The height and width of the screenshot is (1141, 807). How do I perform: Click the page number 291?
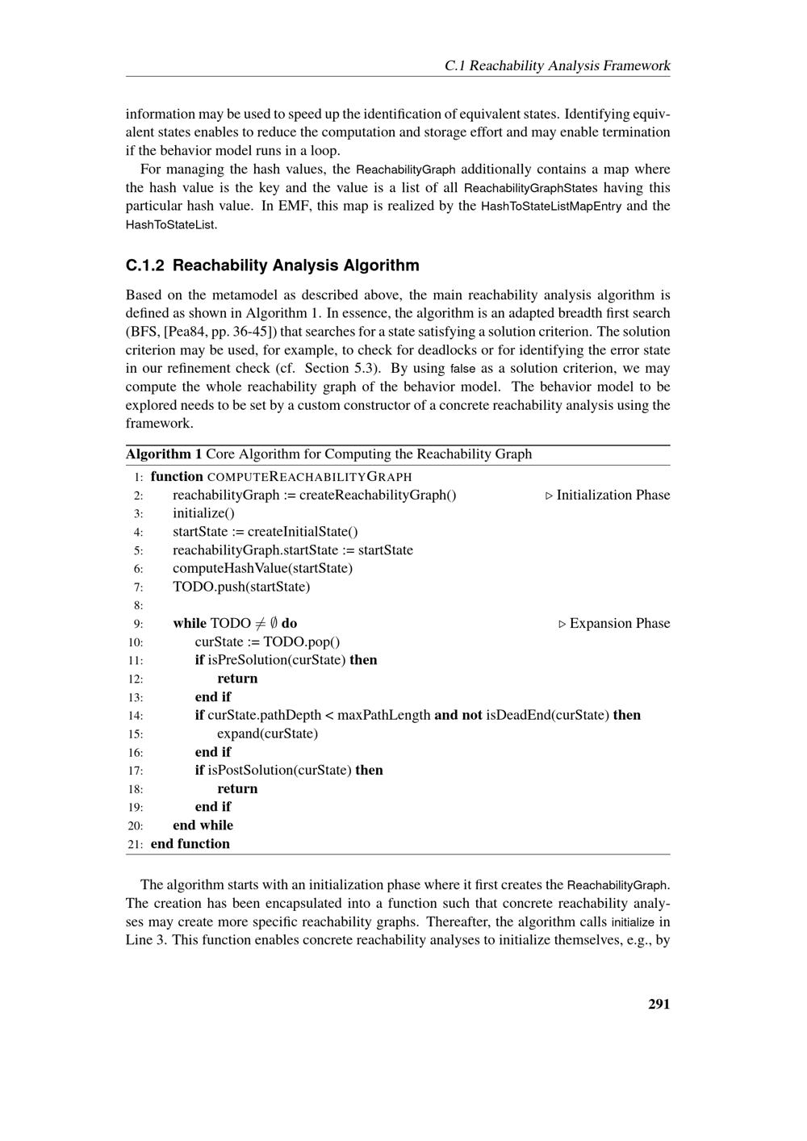659,1004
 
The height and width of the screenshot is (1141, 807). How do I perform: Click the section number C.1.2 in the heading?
145,265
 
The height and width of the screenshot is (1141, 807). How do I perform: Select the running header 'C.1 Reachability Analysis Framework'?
557,65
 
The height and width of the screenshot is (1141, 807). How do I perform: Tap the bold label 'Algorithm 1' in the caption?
164,453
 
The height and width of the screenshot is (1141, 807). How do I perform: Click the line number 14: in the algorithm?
135,716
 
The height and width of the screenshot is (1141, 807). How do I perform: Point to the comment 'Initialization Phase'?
613,495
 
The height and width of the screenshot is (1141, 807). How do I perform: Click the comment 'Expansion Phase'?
619,623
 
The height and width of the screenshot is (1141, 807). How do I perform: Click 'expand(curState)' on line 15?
267,733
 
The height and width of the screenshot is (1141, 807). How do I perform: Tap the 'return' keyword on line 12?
237,678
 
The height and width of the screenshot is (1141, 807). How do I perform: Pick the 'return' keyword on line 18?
237,788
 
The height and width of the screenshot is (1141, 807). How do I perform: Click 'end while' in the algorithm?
203,825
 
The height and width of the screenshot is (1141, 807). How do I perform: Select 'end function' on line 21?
190,843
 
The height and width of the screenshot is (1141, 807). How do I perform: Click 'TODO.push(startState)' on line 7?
241,587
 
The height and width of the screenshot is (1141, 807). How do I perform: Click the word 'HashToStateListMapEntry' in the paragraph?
551,206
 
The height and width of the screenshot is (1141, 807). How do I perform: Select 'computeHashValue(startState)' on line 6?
262,568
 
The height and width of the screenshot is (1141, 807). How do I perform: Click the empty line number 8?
138,605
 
